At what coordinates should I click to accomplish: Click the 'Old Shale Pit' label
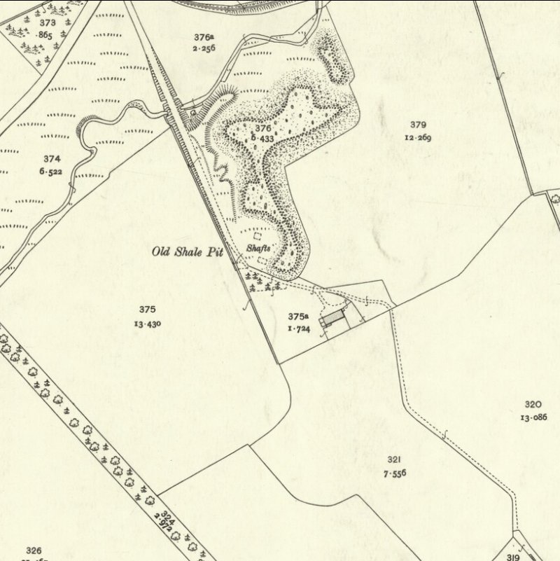click(x=188, y=251)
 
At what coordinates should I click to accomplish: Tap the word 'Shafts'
click(x=258, y=247)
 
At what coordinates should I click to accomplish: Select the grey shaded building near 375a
click(x=333, y=320)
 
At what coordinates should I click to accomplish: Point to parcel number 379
click(x=418, y=125)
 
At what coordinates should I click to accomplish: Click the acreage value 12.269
click(x=418, y=137)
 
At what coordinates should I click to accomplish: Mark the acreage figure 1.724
click(x=299, y=328)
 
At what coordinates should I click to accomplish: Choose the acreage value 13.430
click(x=147, y=323)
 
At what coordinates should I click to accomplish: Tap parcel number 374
click(x=52, y=159)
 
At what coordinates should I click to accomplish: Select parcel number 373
click(x=48, y=23)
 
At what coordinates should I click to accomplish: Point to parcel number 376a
click(x=204, y=37)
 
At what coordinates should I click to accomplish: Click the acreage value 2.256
click(x=204, y=48)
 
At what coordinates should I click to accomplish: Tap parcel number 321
click(x=394, y=459)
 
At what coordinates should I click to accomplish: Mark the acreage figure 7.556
click(x=394, y=473)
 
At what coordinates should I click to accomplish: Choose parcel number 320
click(x=533, y=404)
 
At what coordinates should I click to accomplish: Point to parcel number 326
click(x=34, y=550)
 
